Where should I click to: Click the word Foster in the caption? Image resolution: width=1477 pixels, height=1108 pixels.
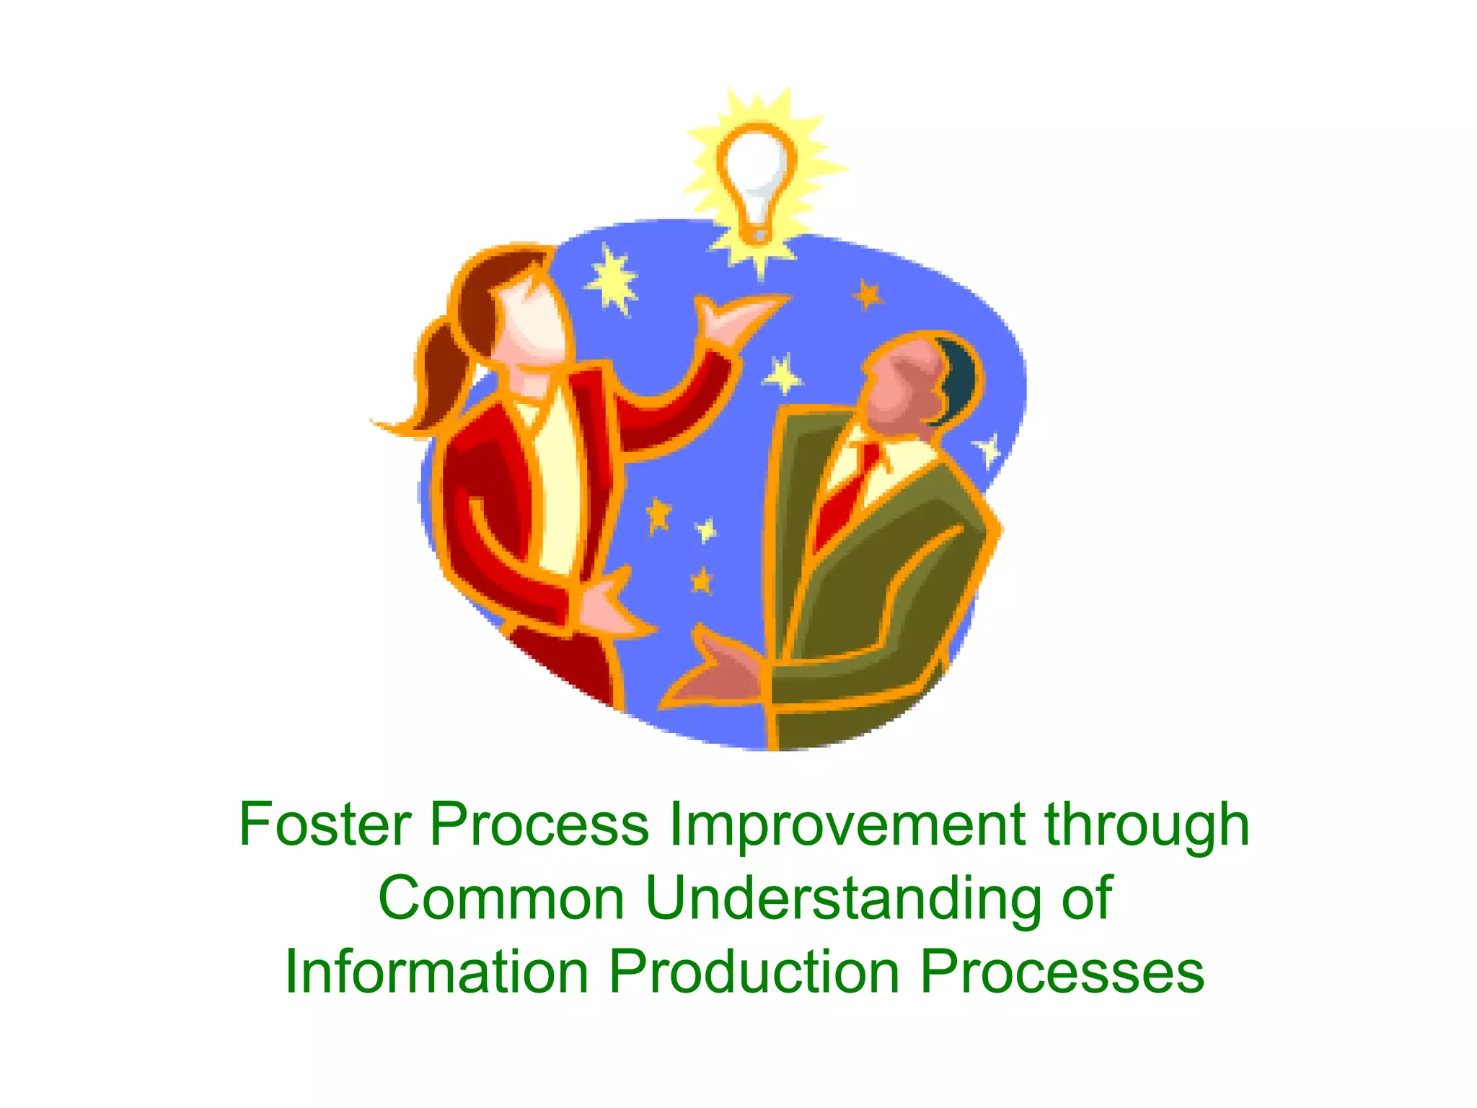click(x=325, y=824)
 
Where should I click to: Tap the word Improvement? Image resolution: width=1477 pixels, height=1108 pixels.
click(x=847, y=824)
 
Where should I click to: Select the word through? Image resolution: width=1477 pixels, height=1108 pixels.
click(x=1147, y=824)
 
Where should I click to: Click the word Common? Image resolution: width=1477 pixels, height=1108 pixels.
click(x=501, y=898)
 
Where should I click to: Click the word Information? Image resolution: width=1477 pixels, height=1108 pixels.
click(x=437, y=972)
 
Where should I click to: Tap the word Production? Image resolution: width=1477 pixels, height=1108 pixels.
click(x=754, y=972)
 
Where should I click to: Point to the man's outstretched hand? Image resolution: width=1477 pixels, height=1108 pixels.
click(x=714, y=671)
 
